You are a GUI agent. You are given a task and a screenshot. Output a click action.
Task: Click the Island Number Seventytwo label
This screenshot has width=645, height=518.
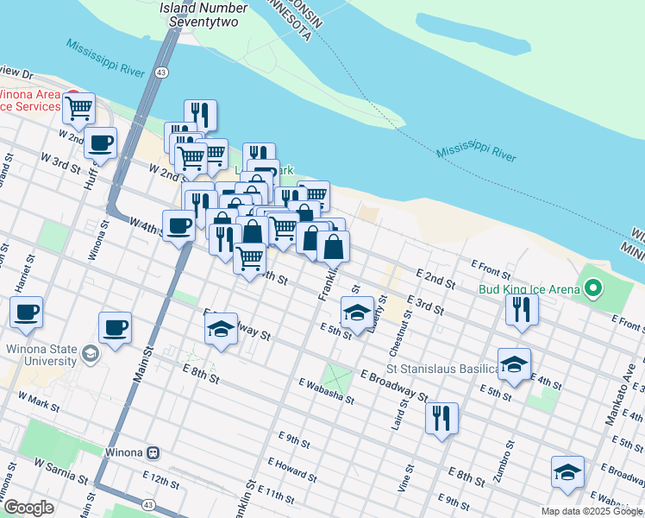[204, 13]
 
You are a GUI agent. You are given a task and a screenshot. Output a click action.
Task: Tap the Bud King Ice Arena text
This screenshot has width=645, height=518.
[529, 289]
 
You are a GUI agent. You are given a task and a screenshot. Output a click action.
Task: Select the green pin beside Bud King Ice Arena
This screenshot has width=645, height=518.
[593, 288]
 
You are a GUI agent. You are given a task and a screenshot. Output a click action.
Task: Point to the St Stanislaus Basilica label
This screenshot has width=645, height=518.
[449, 369]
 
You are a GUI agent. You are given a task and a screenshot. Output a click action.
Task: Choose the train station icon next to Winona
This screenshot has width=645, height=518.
[153, 452]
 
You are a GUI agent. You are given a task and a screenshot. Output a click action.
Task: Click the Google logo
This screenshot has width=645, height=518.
[28, 508]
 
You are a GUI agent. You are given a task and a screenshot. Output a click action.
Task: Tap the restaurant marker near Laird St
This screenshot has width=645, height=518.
[441, 418]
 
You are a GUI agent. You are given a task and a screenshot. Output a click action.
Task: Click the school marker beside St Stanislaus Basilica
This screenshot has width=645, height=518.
[514, 364]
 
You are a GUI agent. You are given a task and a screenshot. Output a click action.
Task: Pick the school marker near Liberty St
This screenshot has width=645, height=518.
[356, 313]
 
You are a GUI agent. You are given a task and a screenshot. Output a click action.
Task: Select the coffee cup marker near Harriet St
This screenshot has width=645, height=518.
[26, 312]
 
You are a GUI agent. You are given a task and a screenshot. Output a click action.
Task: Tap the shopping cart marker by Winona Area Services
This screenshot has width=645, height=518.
[78, 108]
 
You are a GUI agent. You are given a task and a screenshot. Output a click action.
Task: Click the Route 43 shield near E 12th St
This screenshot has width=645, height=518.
[148, 504]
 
